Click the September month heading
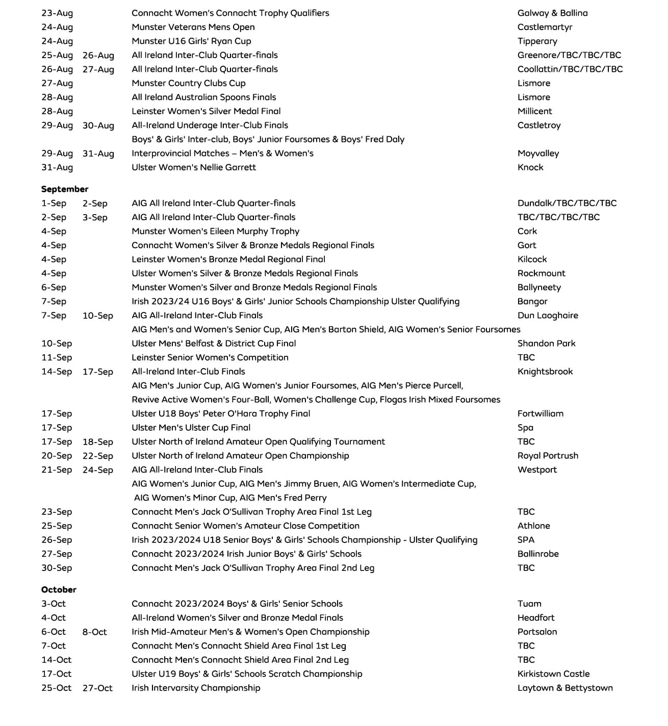click(65, 189)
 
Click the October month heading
click(59, 589)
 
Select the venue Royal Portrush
click(548, 456)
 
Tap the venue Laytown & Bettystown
click(565, 688)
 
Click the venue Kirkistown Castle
click(553, 674)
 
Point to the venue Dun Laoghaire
click(548, 316)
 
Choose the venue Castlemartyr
click(545, 27)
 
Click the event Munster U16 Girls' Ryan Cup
click(191, 41)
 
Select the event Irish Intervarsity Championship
click(196, 688)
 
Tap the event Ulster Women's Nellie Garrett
click(194, 167)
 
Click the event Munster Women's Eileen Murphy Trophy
click(215, 231)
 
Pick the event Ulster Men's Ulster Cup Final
click(191, 428)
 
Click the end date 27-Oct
click(97, 688)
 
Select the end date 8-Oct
click(95, 632)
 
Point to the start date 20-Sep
click(57, 456)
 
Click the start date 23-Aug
click(57, 13)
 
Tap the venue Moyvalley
click(538, 153)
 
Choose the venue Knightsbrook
click(545, 372)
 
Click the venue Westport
click(537, 470)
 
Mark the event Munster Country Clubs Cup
click(189, 83)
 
